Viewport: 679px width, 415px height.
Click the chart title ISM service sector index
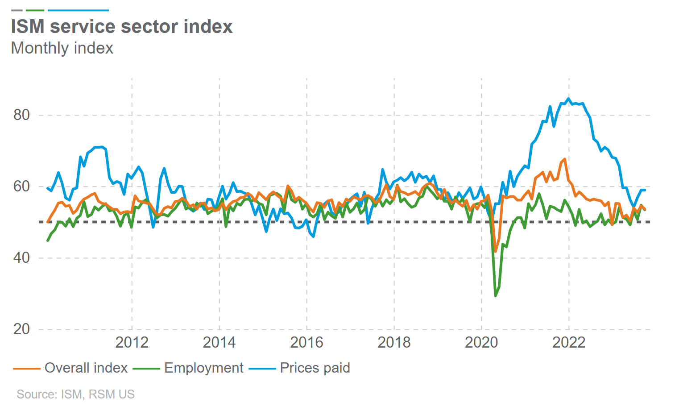(122, 27)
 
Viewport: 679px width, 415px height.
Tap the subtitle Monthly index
(62, 48)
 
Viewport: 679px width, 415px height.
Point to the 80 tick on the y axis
(21, 115)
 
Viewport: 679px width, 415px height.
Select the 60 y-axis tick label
(21, 187)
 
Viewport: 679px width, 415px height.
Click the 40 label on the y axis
(21, 258)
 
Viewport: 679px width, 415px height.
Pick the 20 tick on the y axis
(21, 329)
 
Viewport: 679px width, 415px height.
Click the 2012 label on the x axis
(132, 343)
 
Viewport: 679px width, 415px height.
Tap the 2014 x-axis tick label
(219, 343)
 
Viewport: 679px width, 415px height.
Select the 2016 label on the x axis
(306, 343)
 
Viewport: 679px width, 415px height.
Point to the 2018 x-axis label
(394, 343)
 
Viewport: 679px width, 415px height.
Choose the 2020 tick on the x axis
(481, 343)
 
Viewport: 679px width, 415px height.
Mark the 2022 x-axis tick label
(569, 343)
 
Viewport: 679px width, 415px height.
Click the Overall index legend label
(86, 368)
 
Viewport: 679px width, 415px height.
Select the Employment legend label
(204, 368)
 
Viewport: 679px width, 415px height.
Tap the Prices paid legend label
(315, 368)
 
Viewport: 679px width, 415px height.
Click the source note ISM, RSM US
(75, 394)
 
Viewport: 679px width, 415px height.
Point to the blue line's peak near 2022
(568, 99)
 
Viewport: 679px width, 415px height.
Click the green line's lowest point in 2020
(495, 296)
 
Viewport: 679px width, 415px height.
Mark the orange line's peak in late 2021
(565, 159)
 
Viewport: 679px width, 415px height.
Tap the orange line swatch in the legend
(27, 369)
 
